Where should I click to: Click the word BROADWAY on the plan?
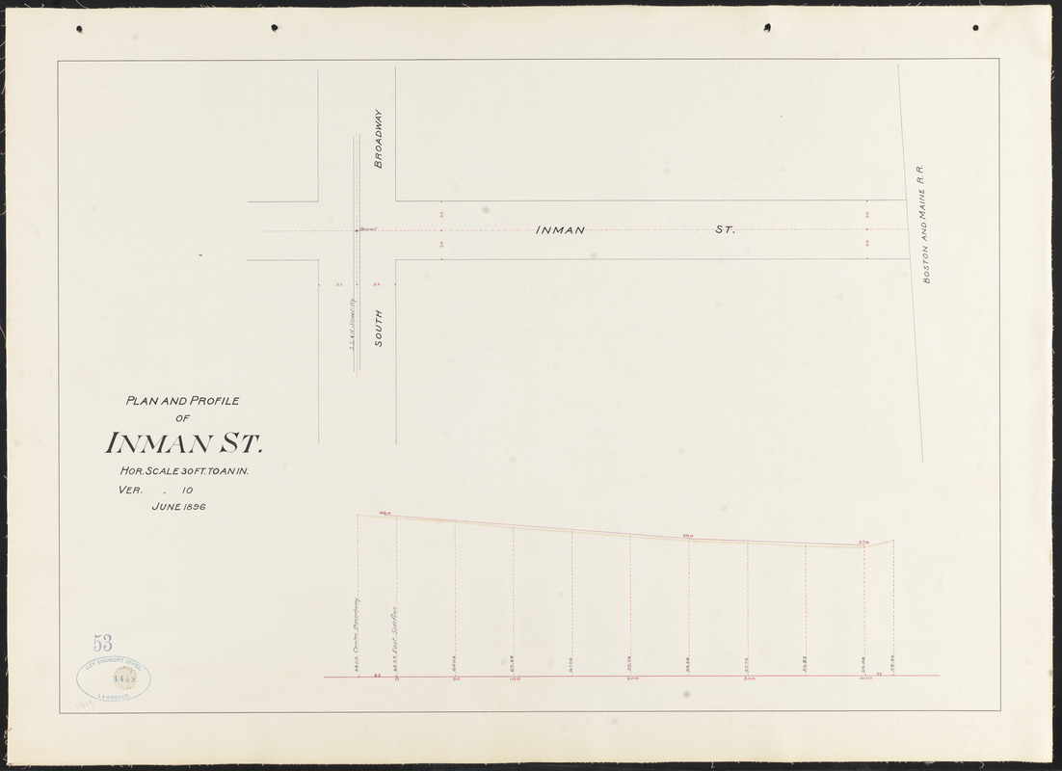point(379,139)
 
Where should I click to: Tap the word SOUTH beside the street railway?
point(379,329)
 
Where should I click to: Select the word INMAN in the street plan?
point(560,230)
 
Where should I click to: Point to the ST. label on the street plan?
point(725,230)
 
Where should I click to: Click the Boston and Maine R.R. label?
point(923,223)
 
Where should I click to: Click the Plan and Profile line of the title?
point(183,401)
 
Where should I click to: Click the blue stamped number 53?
point(103,643)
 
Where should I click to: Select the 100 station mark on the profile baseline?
point(515,679)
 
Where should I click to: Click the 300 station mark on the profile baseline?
point(749,679)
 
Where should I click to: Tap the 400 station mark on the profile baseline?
point(864,679)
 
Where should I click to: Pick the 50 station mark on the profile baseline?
point(456,679)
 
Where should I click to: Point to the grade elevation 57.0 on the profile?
point(863,543)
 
